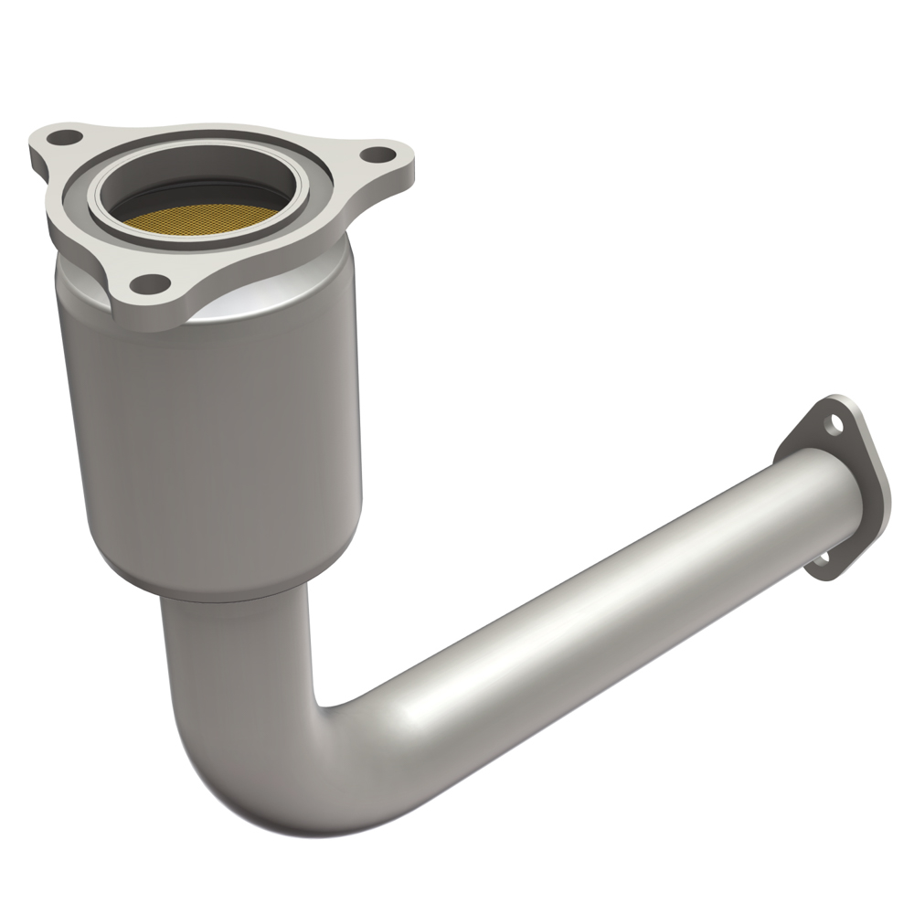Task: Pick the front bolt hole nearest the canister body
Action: click(152, 282)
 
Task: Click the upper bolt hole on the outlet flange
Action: click(834, 422)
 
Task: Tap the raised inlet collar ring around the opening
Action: click(302, 183)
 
